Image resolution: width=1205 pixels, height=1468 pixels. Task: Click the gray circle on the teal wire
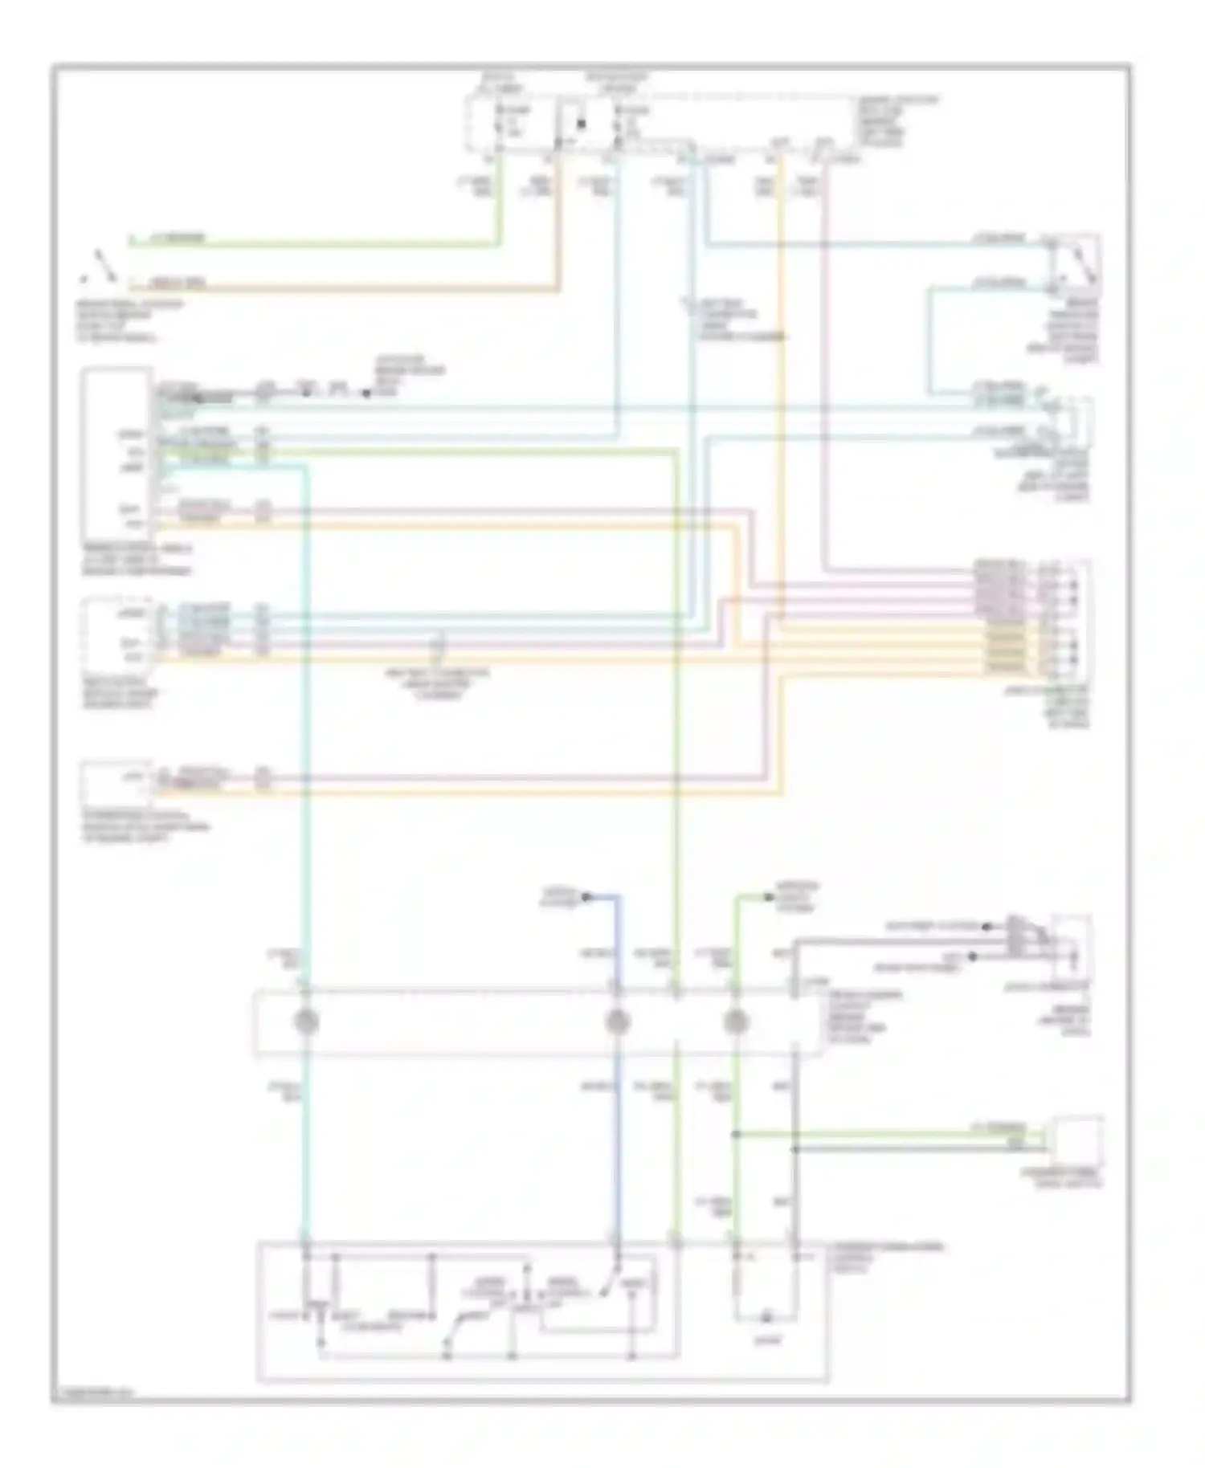pyautogui.click(x=306, y=1021)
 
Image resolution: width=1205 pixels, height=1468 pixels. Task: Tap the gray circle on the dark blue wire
pyautogui.click(x=617, y=1021)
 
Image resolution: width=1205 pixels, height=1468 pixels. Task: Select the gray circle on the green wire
pyautogui.click(x=736, y=1021)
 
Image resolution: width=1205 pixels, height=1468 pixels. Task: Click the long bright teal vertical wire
pyautogui.click(x=306, y=723)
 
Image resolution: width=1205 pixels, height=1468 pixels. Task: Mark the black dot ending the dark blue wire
pyautogui.click(x=586, y=896)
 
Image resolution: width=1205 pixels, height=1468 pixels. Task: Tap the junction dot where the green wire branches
pyautogui.click(x=736, y=1134)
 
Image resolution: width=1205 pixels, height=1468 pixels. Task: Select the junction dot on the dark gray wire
pyautogui.click(x=794, y=1149)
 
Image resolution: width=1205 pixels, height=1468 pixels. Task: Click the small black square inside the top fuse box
pyautogui.click(x=581, y=124)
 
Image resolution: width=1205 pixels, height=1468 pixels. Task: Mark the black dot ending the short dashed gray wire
pyautogui.click(x=366, y=394)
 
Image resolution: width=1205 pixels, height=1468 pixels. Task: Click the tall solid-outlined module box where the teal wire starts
pyautogui.click(x=116, y=454)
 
